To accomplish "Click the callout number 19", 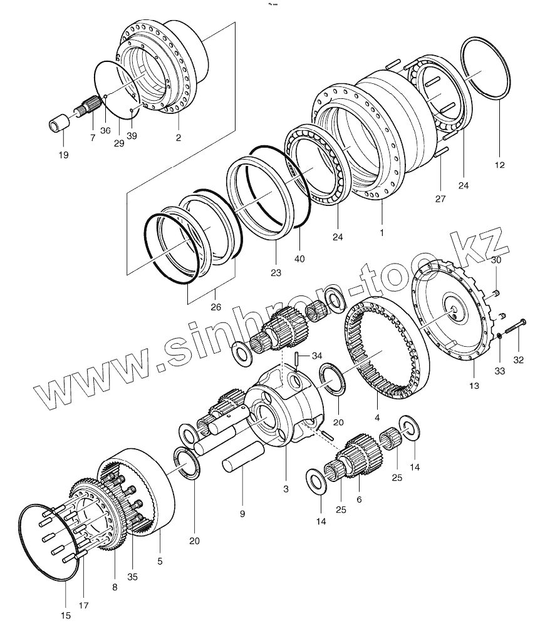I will click(x=63, y=155).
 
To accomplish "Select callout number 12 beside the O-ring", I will click(x=499, y=165).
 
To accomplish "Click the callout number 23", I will click(x=276, y=273).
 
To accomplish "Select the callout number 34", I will click(x=317, y=356).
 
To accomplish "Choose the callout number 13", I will click(x=474, y=386).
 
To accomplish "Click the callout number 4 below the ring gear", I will click(x=377, y=418).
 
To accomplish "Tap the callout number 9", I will click(x=242, y=513).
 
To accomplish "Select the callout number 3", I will click(x=286, y=488).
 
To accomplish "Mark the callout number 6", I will click(x=359, y=500).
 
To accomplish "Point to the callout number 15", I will click(x=66, y=616).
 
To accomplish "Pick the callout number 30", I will click(x=496, y=259).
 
